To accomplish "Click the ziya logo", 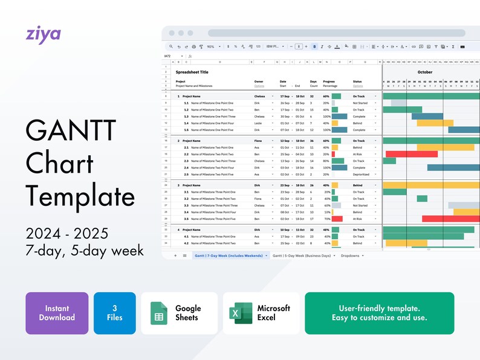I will tap(43, 33).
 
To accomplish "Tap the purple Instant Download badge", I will tap(57, 313).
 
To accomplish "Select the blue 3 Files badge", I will tap(115, 313).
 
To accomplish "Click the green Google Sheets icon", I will tap(158, 313).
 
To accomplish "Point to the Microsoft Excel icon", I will tap(241, 313).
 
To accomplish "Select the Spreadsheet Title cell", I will tap(192, 72).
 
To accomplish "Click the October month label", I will tap(425, 72).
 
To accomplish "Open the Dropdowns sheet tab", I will tap(350, 256).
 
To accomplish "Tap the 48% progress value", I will tap(326, 230).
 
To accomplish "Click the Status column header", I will tap(357, 82).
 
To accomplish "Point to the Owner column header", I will tap(259, 82).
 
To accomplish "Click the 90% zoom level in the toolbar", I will tap(210, 47).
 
